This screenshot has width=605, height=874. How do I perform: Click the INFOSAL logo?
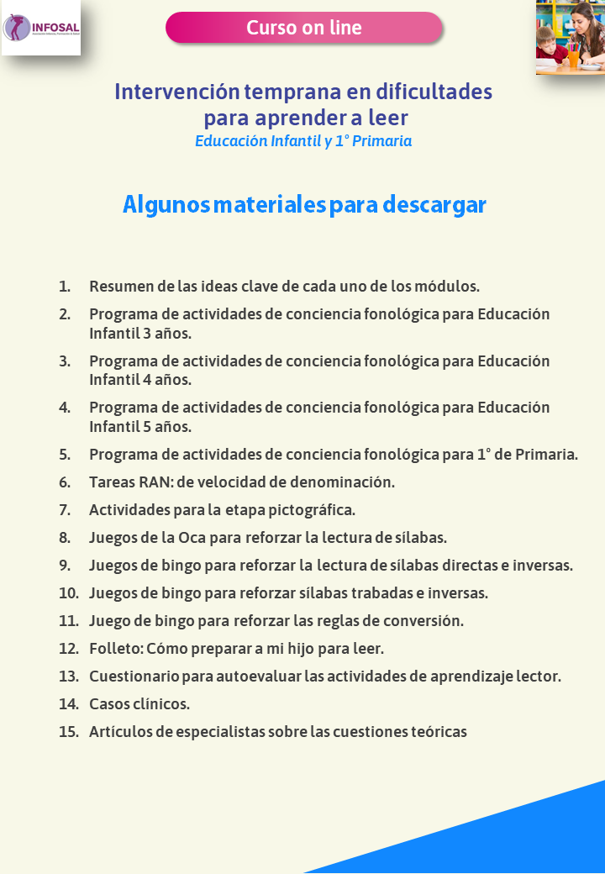(x=41, y=28)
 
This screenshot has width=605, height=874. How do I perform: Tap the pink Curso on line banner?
(x=303, y=28)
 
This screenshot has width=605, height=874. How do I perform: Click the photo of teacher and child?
(x=571, y=37)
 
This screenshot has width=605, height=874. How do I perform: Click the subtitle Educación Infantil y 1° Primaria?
(x=303, y=141)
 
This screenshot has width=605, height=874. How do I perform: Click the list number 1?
(x=65, y=287)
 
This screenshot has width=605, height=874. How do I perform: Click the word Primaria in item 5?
(x=546, y=455)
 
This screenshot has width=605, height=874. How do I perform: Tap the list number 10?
(x=68, y=592)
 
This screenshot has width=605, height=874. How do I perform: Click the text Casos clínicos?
(x=139, y=703)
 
